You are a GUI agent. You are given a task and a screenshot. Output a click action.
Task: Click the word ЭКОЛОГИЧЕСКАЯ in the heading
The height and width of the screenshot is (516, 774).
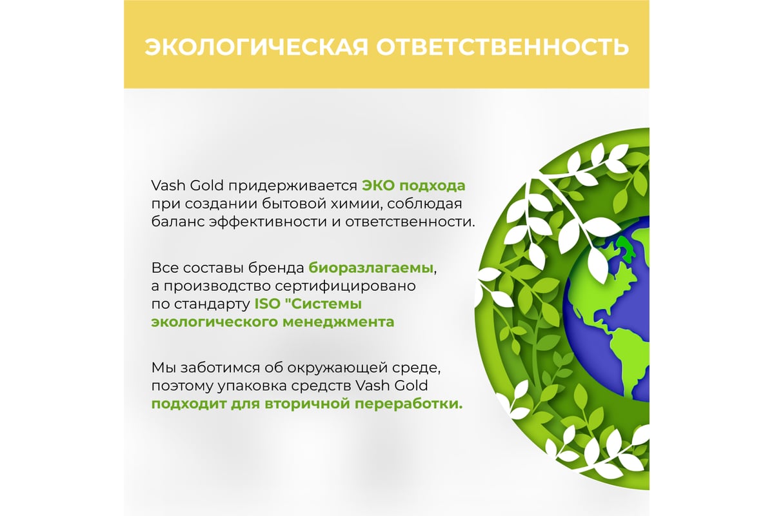coord(257,47)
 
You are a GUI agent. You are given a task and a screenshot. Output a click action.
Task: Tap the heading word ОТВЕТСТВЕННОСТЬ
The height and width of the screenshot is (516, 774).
coord(502,47)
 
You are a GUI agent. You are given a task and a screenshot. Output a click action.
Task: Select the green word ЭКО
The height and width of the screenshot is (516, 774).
coord(378,186)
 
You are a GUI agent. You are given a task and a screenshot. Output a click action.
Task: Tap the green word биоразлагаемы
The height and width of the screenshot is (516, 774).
coord(371,268)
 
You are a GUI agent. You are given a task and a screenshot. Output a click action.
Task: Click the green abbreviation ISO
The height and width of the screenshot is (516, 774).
coord(268,304)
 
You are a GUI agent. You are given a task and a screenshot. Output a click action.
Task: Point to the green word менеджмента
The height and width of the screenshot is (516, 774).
coord(338,322)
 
